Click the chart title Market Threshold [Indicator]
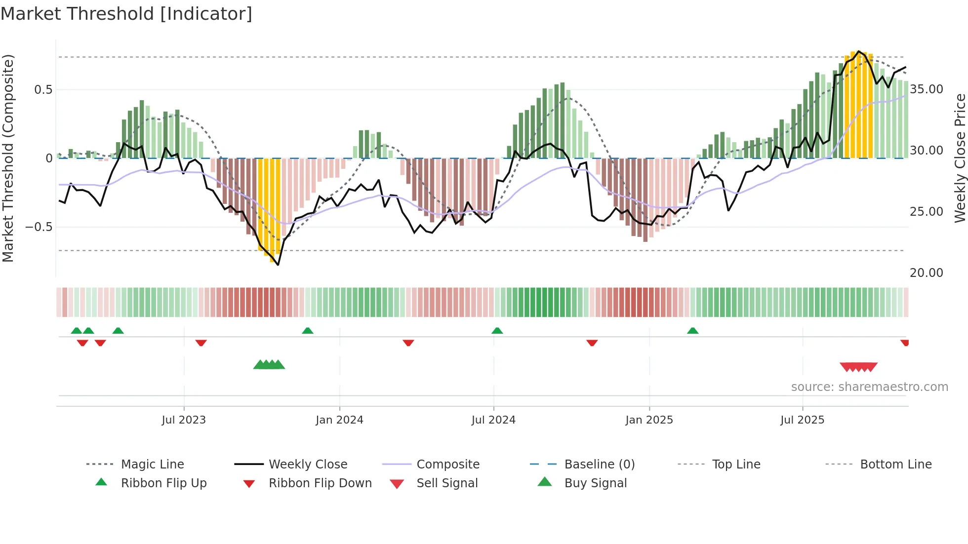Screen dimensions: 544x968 126,14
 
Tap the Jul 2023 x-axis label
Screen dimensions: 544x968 184,420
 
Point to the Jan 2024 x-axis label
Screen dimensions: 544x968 339,420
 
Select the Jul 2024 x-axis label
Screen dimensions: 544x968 493,420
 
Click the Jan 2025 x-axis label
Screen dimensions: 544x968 649,420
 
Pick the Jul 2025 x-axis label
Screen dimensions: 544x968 803,420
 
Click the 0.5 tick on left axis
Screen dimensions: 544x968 43,90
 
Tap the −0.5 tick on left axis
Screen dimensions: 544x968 39,227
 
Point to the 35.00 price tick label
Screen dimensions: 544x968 927,89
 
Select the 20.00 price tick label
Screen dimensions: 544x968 927,273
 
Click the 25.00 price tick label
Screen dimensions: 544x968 927,212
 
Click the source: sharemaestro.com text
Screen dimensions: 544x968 869,387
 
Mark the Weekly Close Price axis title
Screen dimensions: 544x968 960,158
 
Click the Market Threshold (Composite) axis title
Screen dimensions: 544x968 8,158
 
